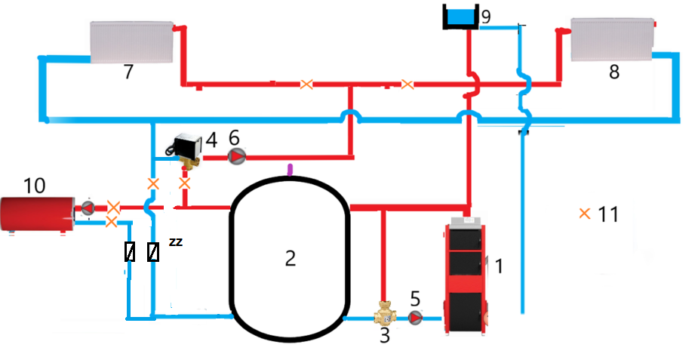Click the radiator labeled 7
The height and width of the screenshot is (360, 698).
(132, 42)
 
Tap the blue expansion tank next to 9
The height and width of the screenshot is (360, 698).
(460, 16)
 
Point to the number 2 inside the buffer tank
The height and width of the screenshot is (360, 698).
(290, 258)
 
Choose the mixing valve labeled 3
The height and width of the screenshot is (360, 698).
(386, 312)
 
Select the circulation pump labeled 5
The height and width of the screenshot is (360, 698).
(417, 318)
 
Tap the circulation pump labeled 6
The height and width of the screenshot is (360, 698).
(237, 156)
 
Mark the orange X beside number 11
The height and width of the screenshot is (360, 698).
(584, 214)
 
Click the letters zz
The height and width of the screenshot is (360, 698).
(175, 242)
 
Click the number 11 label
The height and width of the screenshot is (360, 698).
(607, 214)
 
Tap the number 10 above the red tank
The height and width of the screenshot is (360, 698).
(35, 185)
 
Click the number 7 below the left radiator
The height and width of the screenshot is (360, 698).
(128, 72)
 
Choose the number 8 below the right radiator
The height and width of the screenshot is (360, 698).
(613, 72)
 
